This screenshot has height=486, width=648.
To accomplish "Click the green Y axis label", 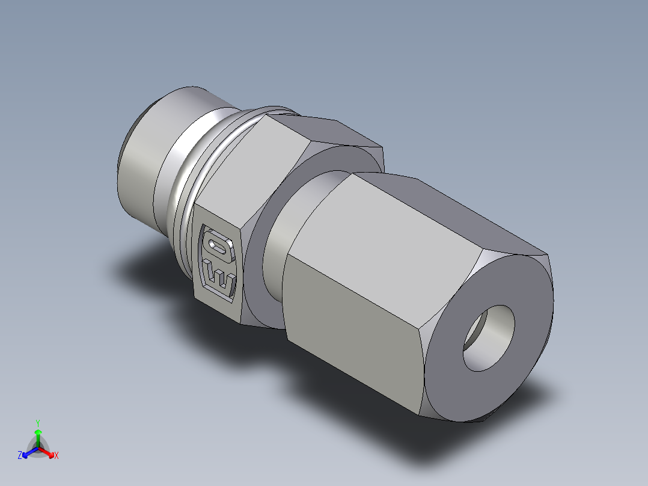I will coord(38,422).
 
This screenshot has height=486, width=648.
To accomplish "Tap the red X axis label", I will coord(57,456).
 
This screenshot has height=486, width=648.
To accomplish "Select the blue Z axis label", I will coord(20,456).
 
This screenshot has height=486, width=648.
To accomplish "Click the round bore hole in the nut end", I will coord(488,338).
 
